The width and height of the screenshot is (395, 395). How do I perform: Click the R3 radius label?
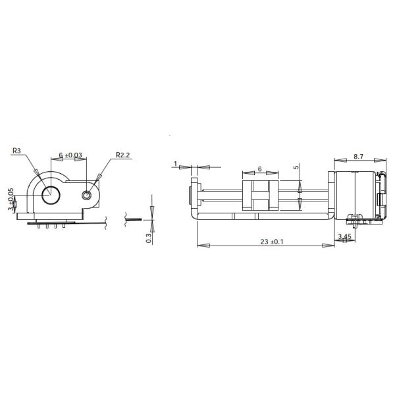pos(16,150)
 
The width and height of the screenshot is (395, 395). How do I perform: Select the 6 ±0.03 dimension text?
pos(70,155)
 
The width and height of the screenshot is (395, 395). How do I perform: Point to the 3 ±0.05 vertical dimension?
pos(11,199)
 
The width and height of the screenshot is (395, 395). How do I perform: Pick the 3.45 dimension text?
pos(343,236)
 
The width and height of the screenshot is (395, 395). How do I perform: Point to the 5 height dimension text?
pos(297,167)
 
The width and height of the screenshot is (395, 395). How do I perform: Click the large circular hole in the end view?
pos(50,195)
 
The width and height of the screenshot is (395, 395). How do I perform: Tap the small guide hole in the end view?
pos(87,195)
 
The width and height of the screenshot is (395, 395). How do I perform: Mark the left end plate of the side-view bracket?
pos(194,196)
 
